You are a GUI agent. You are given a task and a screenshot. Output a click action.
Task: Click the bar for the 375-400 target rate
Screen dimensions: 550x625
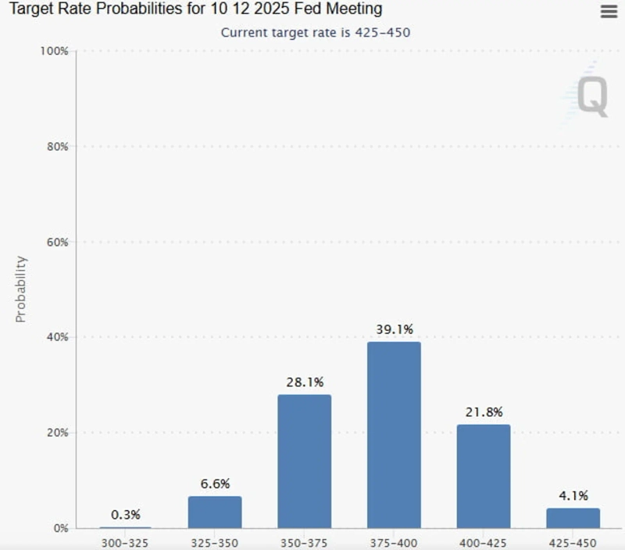coord(394,435)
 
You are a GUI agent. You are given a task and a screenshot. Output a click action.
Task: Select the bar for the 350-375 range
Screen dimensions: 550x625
coord(304,462)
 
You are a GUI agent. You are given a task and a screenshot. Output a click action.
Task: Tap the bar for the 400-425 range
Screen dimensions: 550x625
coord(484,476)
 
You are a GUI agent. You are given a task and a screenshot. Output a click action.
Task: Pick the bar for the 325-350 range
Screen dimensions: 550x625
coord(215,512)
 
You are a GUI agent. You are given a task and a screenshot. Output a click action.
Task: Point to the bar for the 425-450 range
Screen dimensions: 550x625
coord(573,518)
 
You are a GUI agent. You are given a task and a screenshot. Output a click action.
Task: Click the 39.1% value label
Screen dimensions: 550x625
coord(394,330)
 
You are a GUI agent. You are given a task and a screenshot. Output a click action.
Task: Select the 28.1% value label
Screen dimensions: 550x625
coord(304,383)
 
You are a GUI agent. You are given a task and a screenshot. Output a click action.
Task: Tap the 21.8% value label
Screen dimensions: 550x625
coord(484,412)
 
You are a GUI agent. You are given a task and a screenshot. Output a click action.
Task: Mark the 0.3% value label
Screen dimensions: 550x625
coord(125,515)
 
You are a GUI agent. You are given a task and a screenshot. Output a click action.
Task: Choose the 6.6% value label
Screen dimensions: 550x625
coord(215,483)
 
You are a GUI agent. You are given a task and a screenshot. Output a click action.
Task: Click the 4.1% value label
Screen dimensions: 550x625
coord(573,495)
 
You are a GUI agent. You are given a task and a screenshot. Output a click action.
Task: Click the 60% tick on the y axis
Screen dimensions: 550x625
coord(57,242)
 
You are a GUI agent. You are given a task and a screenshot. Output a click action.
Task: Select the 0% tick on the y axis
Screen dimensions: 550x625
coord(60,528)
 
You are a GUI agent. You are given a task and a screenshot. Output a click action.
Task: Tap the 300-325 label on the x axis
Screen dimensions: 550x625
coord(125,542)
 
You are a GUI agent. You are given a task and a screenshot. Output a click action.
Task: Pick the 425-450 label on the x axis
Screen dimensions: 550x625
coord(573,542)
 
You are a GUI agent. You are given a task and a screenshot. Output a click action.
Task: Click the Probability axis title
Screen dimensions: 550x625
coord(21,289)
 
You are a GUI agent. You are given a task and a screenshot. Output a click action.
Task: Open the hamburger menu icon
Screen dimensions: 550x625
coord(609,11)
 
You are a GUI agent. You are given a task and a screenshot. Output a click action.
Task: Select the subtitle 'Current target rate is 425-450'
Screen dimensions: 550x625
coord(315,32)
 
